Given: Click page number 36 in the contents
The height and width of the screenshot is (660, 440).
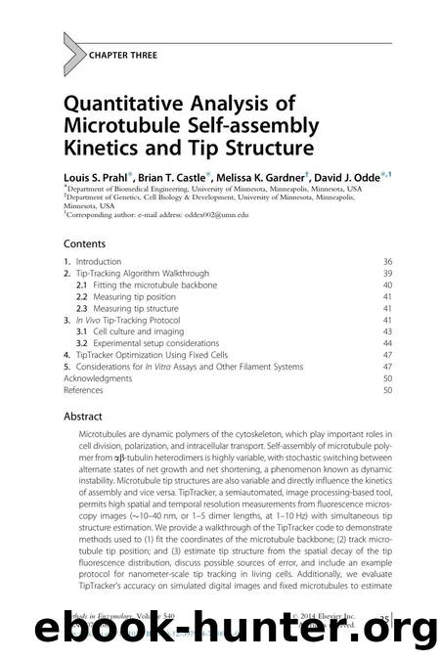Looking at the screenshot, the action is click(x=387, y=262).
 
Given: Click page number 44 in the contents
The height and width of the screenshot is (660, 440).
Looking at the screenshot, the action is click(x=387, y=342).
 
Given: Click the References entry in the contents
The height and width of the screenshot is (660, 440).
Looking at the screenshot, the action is click(x=87, y=389).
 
